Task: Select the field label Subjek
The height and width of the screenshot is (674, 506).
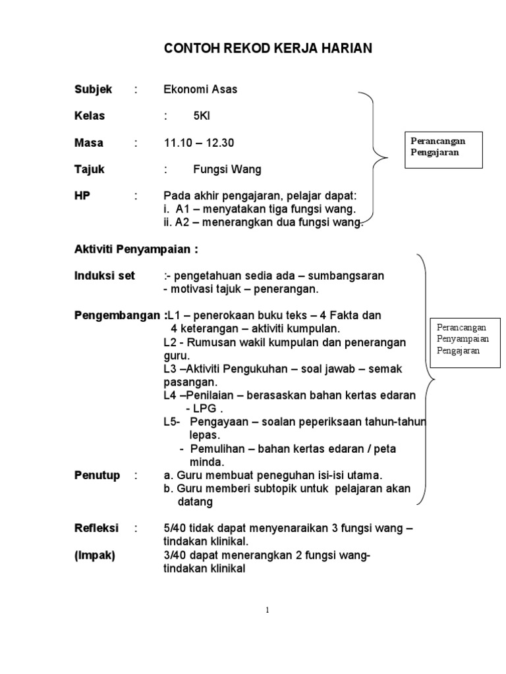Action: [93, 90]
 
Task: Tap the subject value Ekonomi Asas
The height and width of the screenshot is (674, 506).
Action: [200, 90]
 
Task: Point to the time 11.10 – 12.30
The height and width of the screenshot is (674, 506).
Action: [199, 143]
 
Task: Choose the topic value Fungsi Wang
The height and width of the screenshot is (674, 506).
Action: [227, 169]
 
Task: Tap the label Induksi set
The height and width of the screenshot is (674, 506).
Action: [104, 276]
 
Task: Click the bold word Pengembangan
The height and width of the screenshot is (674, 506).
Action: [117, 315]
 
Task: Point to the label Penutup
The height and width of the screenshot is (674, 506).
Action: [97, 475]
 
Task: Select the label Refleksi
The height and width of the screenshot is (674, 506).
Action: [96, 529]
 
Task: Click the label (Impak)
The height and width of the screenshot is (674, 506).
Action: [94, 556]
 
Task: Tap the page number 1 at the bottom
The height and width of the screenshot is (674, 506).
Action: [267, 610]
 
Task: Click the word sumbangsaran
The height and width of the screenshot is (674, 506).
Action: [348, 276]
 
